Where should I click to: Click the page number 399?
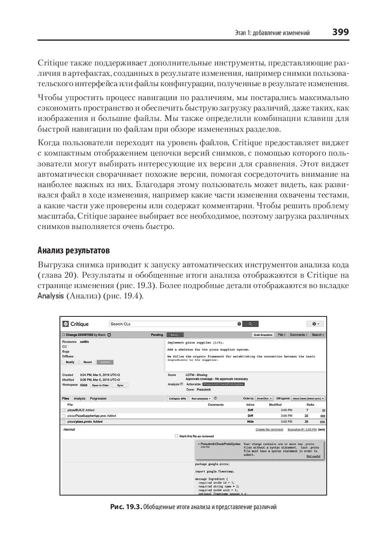(340, 32)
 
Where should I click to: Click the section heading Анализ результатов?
(73, 251)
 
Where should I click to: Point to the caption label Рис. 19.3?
(126, 507)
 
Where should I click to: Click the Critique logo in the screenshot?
(76, 324)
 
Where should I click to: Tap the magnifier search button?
(250, 324)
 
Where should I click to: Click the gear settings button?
(315, 324)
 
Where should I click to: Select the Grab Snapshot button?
(263, 335)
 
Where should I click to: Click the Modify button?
(70, 362)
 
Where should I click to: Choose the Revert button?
(87, 362)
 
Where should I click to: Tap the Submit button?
(105, 362)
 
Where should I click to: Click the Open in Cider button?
(100, 385)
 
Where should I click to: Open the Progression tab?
(98, 398)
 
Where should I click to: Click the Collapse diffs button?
(177, 398)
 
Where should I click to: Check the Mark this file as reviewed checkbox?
(177, 436)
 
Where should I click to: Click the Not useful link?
(313, 456)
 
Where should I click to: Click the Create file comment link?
(269, 430)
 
